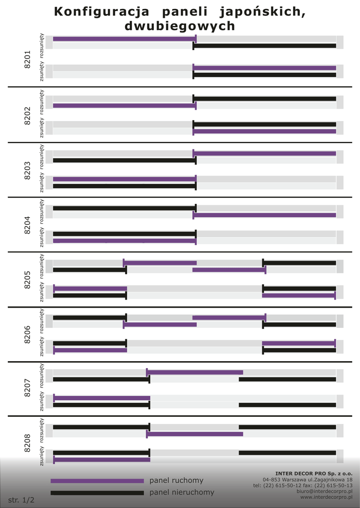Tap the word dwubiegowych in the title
point(180,26)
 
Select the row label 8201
point(27,59)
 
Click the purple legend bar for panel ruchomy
point(97,481)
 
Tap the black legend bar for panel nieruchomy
point(97,493)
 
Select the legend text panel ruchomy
point(176,481)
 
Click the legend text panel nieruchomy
point(182,493)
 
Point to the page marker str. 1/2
point(21,500)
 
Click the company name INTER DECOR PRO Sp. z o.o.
point(314,473)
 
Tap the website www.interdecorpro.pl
point(326,497)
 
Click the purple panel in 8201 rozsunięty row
point(124,39)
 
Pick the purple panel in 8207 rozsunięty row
point(195,372)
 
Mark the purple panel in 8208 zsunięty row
point(102,460)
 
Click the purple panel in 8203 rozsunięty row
point(265,153)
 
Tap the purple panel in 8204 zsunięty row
point(124,241)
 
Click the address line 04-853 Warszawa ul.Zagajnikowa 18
point(307,480)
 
